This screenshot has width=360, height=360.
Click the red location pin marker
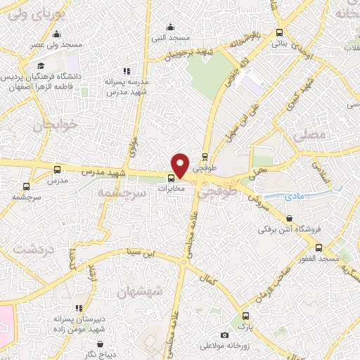pyautogui.click(x=181, y=165)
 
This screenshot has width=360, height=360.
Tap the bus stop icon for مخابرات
pyautogui.click(x=171, y=177)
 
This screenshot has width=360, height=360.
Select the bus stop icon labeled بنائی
pyautogui.click(x=280, y=32)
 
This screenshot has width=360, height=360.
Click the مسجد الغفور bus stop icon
pyautogui.click(x=319, y=248)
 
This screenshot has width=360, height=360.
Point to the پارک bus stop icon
pyautogui.click(x=245, y=316)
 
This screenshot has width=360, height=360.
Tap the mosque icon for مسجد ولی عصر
pyautogui.click(x=57, y=34)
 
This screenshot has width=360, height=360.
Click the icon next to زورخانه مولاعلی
pyautogui.click(x=224, y=335)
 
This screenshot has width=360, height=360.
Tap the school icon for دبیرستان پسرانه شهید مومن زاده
pyautogui.click(x=79, y=308)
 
